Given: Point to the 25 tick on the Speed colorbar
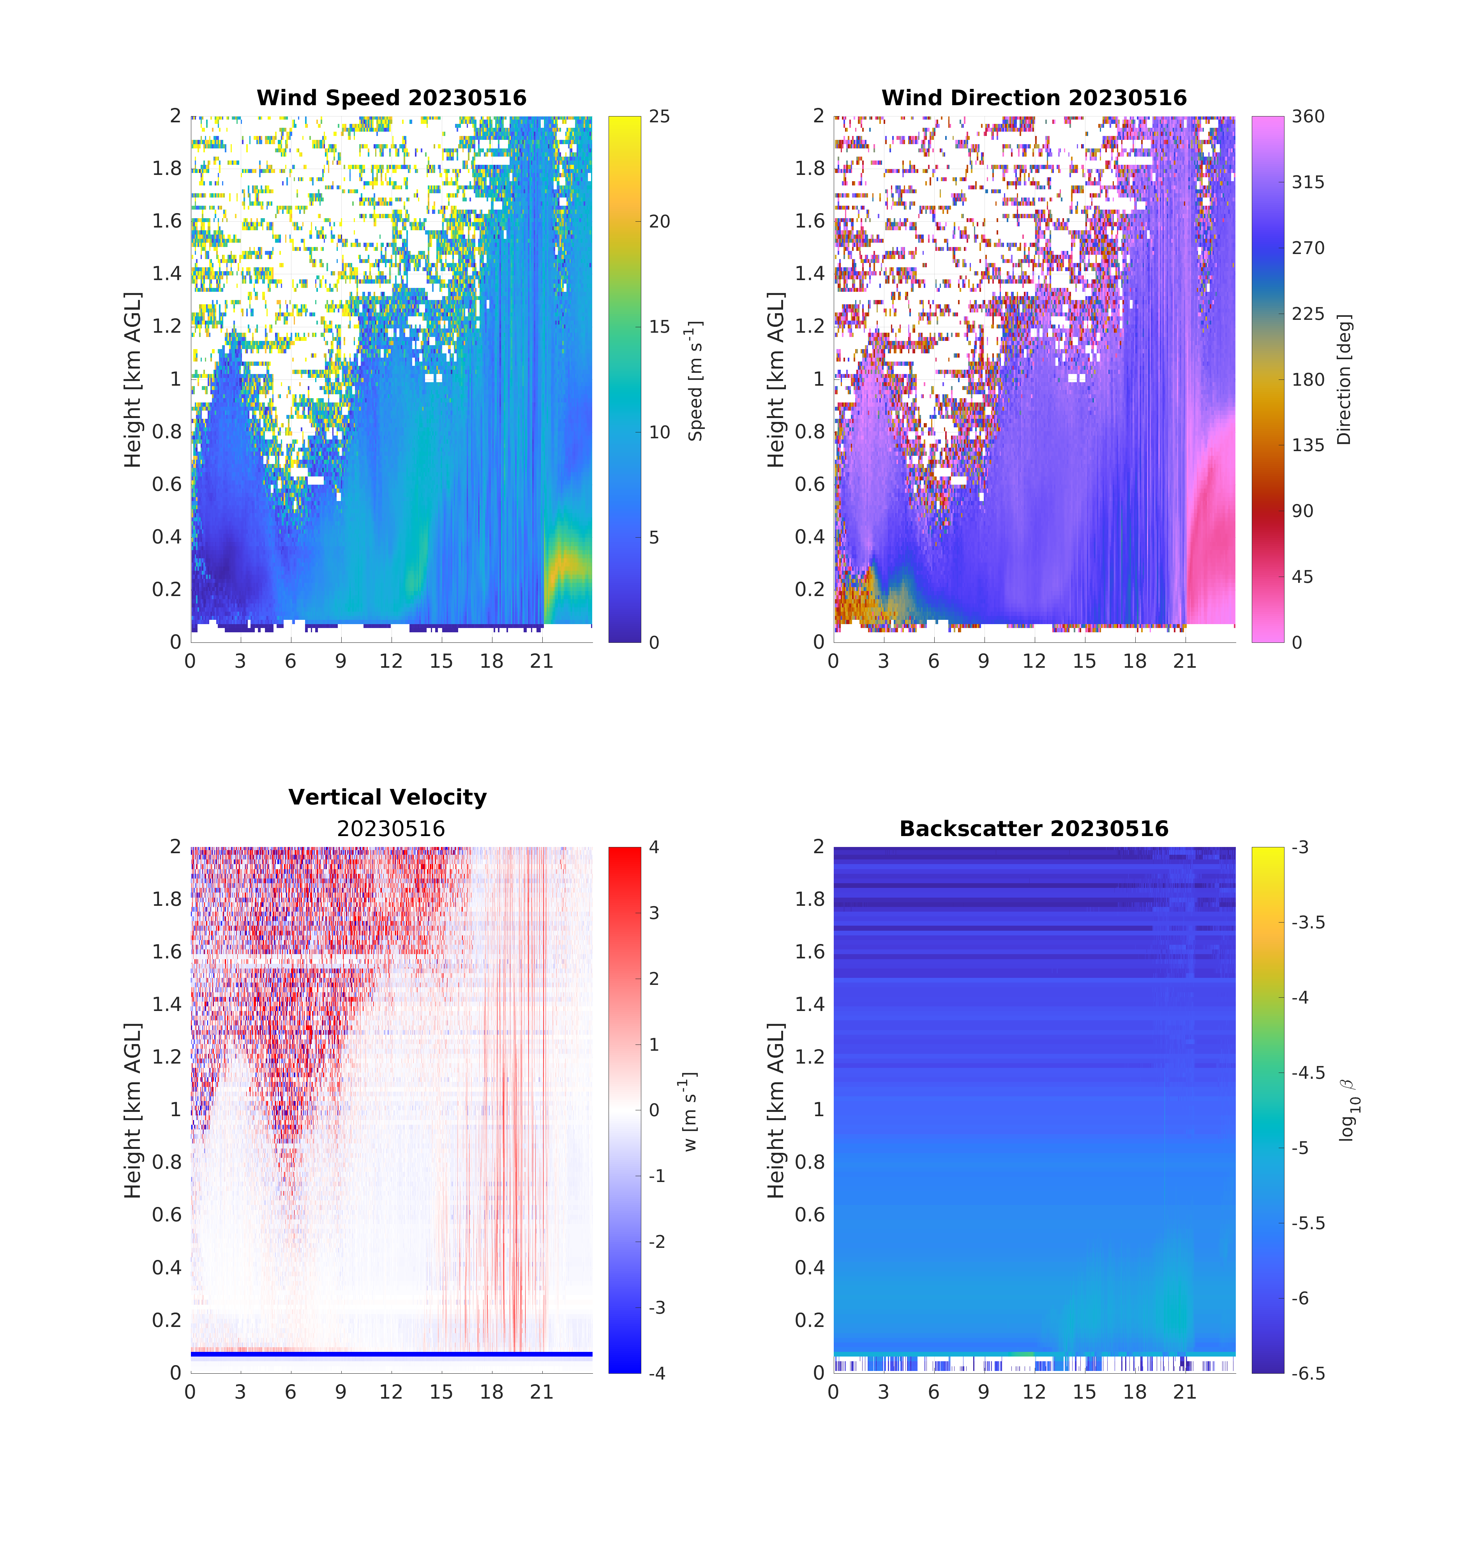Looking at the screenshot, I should click(659, 117).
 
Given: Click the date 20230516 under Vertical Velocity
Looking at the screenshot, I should click(391, 829).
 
